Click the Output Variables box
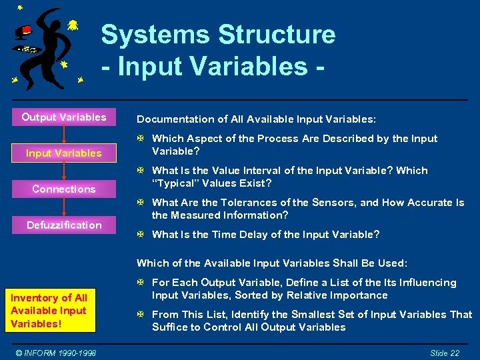64,117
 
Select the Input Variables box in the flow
64,153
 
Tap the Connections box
64,189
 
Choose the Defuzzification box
64,225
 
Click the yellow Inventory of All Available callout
49,311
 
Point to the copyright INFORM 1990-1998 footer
57,353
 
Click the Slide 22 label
444,353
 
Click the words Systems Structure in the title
218,34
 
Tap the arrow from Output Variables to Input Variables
64,135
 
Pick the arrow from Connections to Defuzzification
64,207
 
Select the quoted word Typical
175,183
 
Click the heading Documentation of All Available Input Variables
256,119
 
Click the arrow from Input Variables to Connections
64,171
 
